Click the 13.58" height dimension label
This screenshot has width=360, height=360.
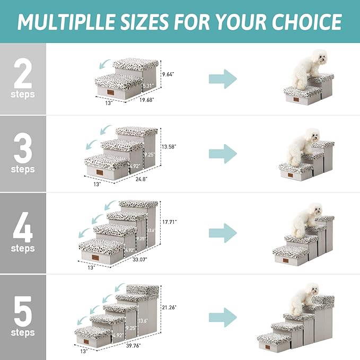[x=169, y=146]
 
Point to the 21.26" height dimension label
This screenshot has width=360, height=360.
[x=169, y=306]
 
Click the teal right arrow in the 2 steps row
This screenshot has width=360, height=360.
[x=222, y=78]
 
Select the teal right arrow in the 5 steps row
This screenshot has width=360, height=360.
[x=222, y=317]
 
